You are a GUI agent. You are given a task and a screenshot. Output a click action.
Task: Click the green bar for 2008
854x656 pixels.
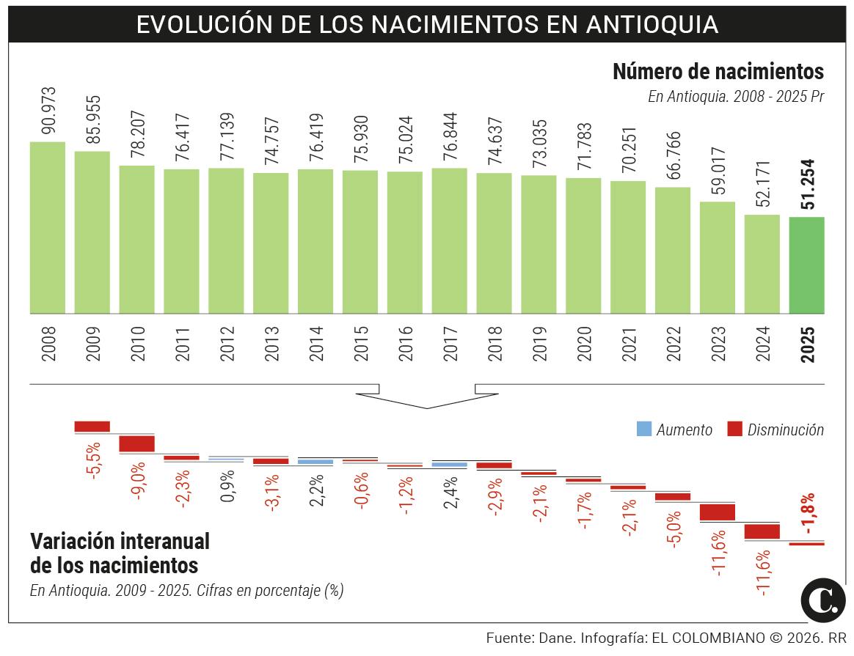[x=47, y=227]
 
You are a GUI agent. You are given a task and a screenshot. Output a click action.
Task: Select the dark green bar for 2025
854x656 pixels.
[x=806, y=265]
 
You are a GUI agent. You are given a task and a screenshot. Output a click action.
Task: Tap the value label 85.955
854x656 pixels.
[x=92, y=121]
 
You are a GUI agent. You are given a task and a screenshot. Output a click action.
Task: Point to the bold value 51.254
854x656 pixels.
[x=808, y=184]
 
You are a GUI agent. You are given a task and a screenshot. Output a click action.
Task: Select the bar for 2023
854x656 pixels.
[x=717, y=257]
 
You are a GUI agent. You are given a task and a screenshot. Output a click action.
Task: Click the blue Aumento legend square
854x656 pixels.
[x=643, y=430]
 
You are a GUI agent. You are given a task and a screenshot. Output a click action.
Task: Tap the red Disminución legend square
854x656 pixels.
[x=734, y=430]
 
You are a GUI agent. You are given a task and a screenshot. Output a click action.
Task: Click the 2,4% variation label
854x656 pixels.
[x=450, y=492]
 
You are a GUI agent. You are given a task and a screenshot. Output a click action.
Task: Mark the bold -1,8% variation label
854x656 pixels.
[x=808, y=514]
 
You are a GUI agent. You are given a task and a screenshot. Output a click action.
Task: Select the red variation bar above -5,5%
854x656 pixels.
[x=92, y=426]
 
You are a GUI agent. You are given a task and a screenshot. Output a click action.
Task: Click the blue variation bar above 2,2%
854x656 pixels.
[x=315, y=462]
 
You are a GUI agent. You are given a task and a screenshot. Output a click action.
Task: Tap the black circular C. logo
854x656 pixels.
[x=823, y=599]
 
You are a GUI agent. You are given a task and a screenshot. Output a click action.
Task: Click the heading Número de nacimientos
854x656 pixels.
[x=718, y=72]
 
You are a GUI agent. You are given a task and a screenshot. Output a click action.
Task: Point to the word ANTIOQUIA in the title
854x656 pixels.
[x=652, y=24]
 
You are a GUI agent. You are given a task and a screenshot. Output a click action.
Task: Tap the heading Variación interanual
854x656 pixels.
[x=120, y=542]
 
